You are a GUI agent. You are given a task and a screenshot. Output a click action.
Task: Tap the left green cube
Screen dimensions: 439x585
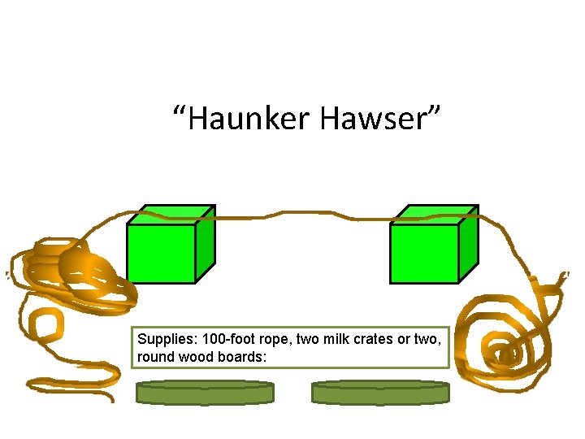pyautogui.click(x=162, y=252)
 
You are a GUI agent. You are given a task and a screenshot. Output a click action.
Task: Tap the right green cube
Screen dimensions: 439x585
pyautogui.click(x=425, y=252)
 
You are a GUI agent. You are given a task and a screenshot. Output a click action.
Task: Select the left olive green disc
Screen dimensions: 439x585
pyautogui.click(x=204, y=393)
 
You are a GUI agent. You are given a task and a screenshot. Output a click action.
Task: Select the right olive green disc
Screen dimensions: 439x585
pyautogui.click(x=379, y=393)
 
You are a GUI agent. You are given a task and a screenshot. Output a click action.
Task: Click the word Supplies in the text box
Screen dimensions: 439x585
pyautogui.click(x=165, y=339)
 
